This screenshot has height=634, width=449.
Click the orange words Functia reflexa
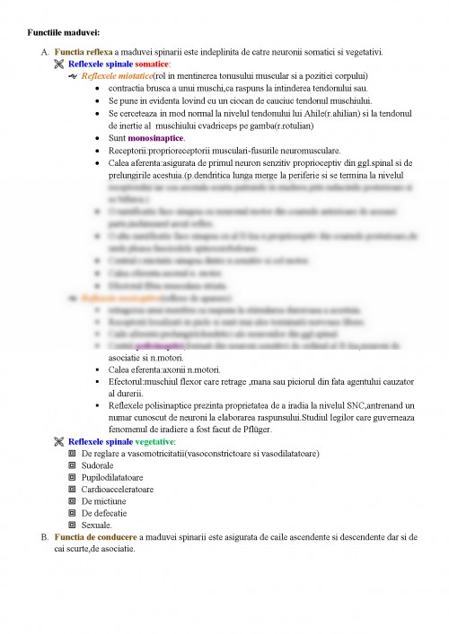coord(83,53)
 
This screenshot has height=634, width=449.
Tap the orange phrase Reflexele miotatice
coord(117,77)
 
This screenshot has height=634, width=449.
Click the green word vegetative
coord(154,442)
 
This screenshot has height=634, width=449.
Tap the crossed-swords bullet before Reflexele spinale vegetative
coord(59,442)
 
